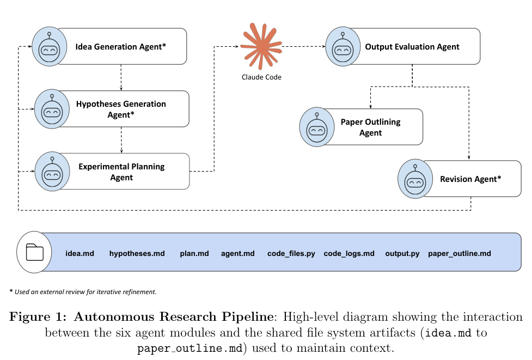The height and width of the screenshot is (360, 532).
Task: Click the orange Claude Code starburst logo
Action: pos(261,46)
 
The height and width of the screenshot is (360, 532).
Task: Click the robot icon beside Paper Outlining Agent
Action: pos(317,127)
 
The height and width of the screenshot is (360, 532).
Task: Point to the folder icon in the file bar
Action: pos(34,252)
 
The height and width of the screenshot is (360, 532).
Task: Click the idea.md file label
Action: pos(80,253)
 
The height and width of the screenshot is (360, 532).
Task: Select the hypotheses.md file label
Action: pos(137,253)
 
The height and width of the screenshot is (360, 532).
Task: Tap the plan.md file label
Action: pos(194,253)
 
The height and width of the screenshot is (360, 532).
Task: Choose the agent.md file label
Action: pos(238,253)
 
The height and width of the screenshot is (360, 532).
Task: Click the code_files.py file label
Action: pos(291,253)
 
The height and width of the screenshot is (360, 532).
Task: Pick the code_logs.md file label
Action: pos(349,253)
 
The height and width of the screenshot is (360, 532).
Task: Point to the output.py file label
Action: pos(402,253)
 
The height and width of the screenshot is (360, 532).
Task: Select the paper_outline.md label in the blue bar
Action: pos(460,253)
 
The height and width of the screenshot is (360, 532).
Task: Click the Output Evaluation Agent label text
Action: pos(412,47)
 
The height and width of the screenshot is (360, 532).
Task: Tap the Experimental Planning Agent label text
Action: pos(121,172)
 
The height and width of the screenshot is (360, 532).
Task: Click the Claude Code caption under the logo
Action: pos(261,77)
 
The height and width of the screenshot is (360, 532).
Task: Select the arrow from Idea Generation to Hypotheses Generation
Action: pos(121,77)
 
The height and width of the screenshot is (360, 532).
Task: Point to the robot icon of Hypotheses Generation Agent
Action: pos(52,109)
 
